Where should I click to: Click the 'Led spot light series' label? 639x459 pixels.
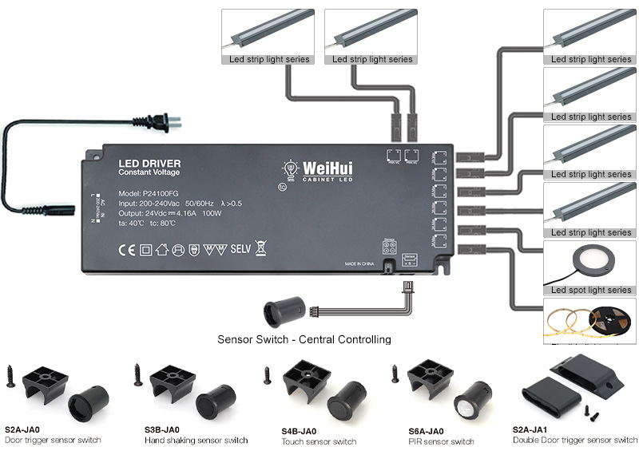590,290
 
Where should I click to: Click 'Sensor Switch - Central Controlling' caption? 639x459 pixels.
304,339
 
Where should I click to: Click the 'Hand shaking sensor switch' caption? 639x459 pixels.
196,441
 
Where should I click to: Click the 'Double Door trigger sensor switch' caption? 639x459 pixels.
575,440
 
